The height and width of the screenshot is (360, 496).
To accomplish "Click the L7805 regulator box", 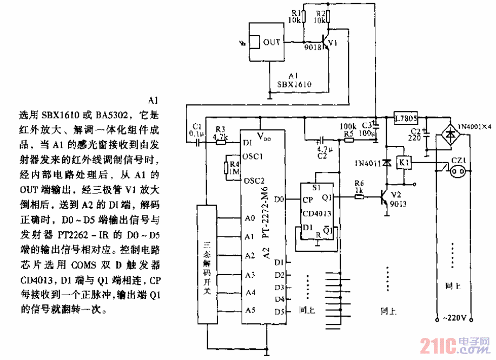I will [x=406, y=118].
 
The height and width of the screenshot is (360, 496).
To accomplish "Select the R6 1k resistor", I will [x=359, y=197].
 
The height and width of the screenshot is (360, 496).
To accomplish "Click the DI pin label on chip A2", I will [x=248, y=143].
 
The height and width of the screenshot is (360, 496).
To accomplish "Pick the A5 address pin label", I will [x=249, y=310].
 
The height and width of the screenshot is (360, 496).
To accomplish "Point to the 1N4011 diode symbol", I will [x=386, y=162].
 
